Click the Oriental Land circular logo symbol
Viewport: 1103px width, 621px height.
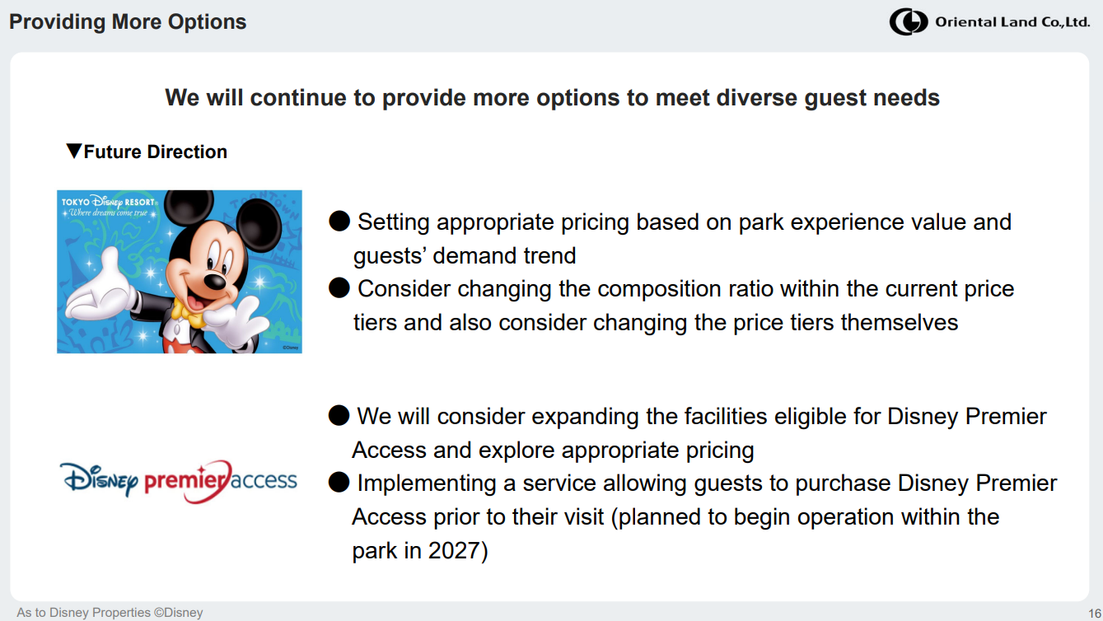pos(909,21)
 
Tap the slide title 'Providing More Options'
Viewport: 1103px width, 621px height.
pos(128,21)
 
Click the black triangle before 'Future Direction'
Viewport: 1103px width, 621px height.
pos(73,151)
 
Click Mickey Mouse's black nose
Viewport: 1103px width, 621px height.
pos(215,281)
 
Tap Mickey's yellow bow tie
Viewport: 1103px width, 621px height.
pos(189,313)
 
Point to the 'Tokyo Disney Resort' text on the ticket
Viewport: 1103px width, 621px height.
pos(109,202)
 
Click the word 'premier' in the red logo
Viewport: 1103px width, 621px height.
pos(185,481)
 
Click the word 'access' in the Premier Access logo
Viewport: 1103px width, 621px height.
pos(264,480)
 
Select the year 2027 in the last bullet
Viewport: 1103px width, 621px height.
pos(454,550)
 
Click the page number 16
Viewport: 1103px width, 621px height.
pos(1095,613)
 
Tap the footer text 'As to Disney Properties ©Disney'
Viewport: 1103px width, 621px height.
pos(110,612)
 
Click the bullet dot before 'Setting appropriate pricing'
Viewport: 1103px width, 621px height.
pos(339,221)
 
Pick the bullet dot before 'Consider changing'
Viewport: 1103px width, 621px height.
pos(339,287)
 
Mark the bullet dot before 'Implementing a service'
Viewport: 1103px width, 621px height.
pos(339,482)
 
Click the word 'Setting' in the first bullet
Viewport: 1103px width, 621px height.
pos(394,222)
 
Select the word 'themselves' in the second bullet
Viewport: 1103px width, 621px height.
pos(900,323)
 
